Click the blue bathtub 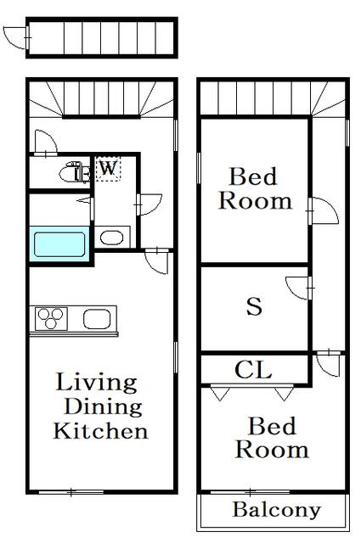point(59,244)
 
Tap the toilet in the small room point(74,172)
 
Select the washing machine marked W point(108,169)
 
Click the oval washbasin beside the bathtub point(111,238)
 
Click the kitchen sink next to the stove point(97,319)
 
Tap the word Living point(96,383)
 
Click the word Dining point(103,406)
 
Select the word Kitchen point(100,430)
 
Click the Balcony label point(276,510)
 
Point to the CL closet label point(253,370)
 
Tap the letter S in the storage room point(254,306)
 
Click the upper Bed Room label point(255,188)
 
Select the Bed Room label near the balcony point(272,438)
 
